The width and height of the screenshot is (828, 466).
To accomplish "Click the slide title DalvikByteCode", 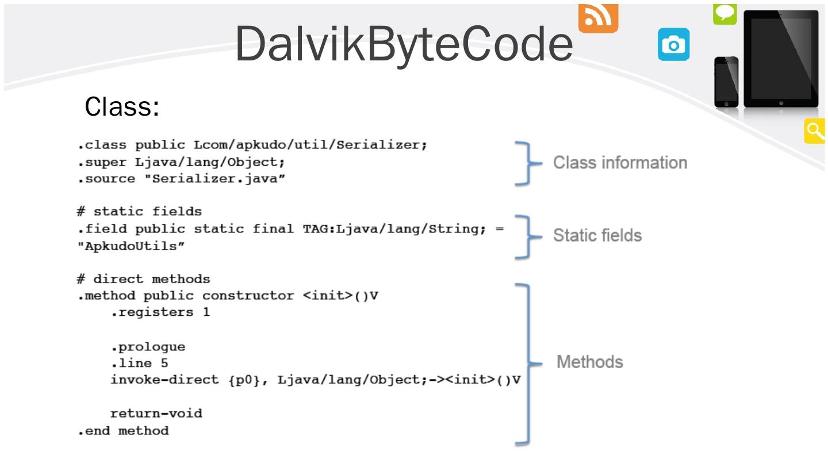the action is pos(404,44).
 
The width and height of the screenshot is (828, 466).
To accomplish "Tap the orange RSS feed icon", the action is pos(598,18).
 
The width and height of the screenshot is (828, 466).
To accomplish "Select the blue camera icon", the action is pos(673,44).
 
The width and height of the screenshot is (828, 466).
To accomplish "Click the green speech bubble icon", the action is pos(725,14).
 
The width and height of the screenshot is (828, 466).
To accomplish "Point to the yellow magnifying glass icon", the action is pos(814,131).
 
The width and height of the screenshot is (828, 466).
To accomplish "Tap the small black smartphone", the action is pos(726,82).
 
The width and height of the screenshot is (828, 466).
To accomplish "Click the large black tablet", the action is pos(781,59).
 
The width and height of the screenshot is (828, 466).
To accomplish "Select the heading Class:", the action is pos(122,106).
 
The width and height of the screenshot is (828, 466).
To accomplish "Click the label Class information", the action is pos(620,163).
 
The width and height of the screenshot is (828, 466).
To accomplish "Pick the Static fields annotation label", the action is pos(597,236).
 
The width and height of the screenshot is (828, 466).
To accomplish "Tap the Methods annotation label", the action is pos(590,362).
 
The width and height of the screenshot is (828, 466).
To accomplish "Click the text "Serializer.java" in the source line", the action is pos(215,178).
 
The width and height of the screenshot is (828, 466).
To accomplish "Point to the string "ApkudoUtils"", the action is pos(131,246).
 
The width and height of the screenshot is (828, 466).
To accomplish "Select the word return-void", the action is pos(156,413).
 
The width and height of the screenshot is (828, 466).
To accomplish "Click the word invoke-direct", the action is pos(164,380).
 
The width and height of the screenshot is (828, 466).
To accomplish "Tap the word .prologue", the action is pos(148,347).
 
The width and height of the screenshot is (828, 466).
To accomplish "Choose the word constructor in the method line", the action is pos(248,296).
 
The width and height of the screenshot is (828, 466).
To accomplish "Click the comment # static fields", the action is pos(139,211).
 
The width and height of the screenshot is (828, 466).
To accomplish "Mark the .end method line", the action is pos(123,430).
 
